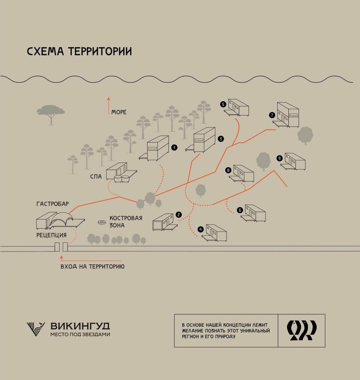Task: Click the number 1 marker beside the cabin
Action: pos(174,148)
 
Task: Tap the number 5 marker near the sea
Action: pos(223,104)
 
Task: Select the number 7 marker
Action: pos(272,115)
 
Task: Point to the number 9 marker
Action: pos(279,159)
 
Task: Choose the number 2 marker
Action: pos(179,215)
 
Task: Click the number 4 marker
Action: pos(200,230)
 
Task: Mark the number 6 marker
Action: pos(240,210)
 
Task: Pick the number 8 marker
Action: pos(228,170)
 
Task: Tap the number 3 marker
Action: pos(221,139)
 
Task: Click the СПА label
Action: pos(96,176)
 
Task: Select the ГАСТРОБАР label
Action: pos(53,204)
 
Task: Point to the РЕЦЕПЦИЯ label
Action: pos(51,235)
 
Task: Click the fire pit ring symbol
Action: pos(102,222)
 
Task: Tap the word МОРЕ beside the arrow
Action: pos(119,112)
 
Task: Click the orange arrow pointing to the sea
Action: pos(109,105)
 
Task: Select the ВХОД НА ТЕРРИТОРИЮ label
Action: pos(92,267)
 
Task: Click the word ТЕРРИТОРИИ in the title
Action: pos(100,51)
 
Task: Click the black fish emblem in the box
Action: pos(302,330)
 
